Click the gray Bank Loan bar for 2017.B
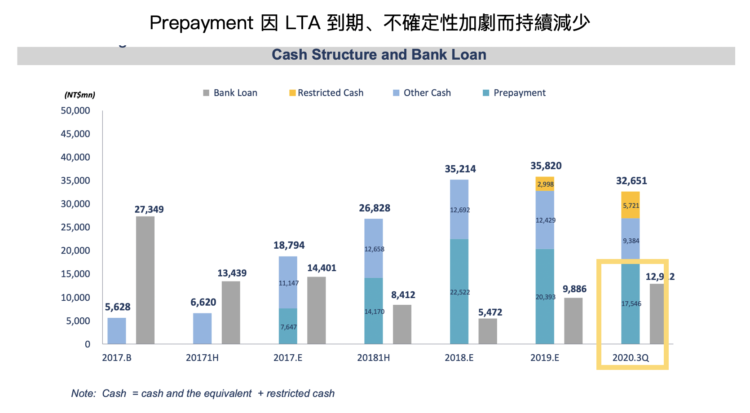point(145,280)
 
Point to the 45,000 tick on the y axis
point(75,134)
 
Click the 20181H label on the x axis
point(373,358)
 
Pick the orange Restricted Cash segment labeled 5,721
point(631,205)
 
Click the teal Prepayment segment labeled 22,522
point(459,292)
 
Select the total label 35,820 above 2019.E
point(546,166)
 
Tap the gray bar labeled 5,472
point(487,331)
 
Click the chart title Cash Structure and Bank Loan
point(379,55)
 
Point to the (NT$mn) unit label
point(79,95)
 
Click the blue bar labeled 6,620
point(202,329)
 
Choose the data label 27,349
point(149,209)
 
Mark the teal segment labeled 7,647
point(288,326)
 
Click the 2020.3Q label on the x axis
point(631,358)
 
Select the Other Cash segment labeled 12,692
point(459,210)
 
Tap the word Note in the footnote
point(83,394)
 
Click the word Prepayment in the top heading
point(201,23)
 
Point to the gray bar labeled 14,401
point(316,310)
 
